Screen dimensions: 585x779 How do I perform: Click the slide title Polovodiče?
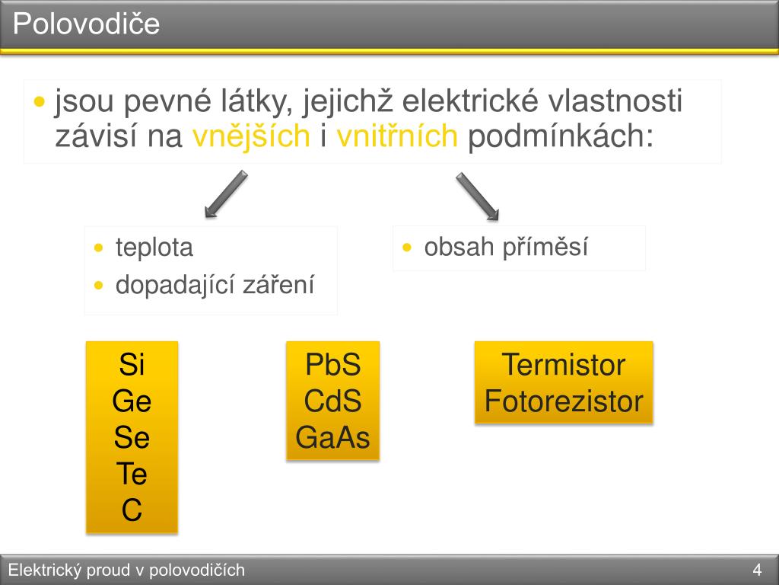86,24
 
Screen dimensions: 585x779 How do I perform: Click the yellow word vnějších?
251,136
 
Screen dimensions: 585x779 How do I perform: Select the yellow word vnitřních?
397,136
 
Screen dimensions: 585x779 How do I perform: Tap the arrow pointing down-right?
477,197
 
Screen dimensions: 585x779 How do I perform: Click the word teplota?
154,248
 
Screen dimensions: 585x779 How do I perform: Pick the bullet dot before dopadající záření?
99,286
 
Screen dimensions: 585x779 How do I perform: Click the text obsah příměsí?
506,248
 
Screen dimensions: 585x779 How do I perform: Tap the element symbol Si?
132,365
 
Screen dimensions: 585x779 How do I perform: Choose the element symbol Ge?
132,401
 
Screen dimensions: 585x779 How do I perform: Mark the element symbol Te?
132,475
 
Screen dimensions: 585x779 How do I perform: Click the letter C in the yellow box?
132,511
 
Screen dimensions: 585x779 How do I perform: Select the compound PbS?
332,365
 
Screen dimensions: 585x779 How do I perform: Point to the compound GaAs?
332,438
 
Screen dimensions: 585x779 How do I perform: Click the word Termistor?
564,365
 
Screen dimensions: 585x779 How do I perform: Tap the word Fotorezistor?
564,401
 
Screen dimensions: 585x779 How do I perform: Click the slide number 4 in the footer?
757,570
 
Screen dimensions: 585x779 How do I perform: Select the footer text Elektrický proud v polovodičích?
126,570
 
